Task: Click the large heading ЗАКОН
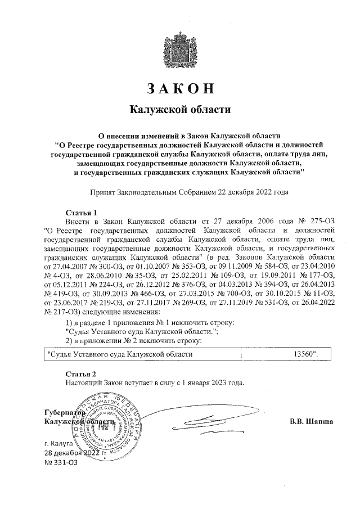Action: pos(181,89)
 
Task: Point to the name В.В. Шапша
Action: pos(311,421)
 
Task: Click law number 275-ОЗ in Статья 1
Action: pos(321,221)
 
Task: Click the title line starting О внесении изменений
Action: pos(189,136)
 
